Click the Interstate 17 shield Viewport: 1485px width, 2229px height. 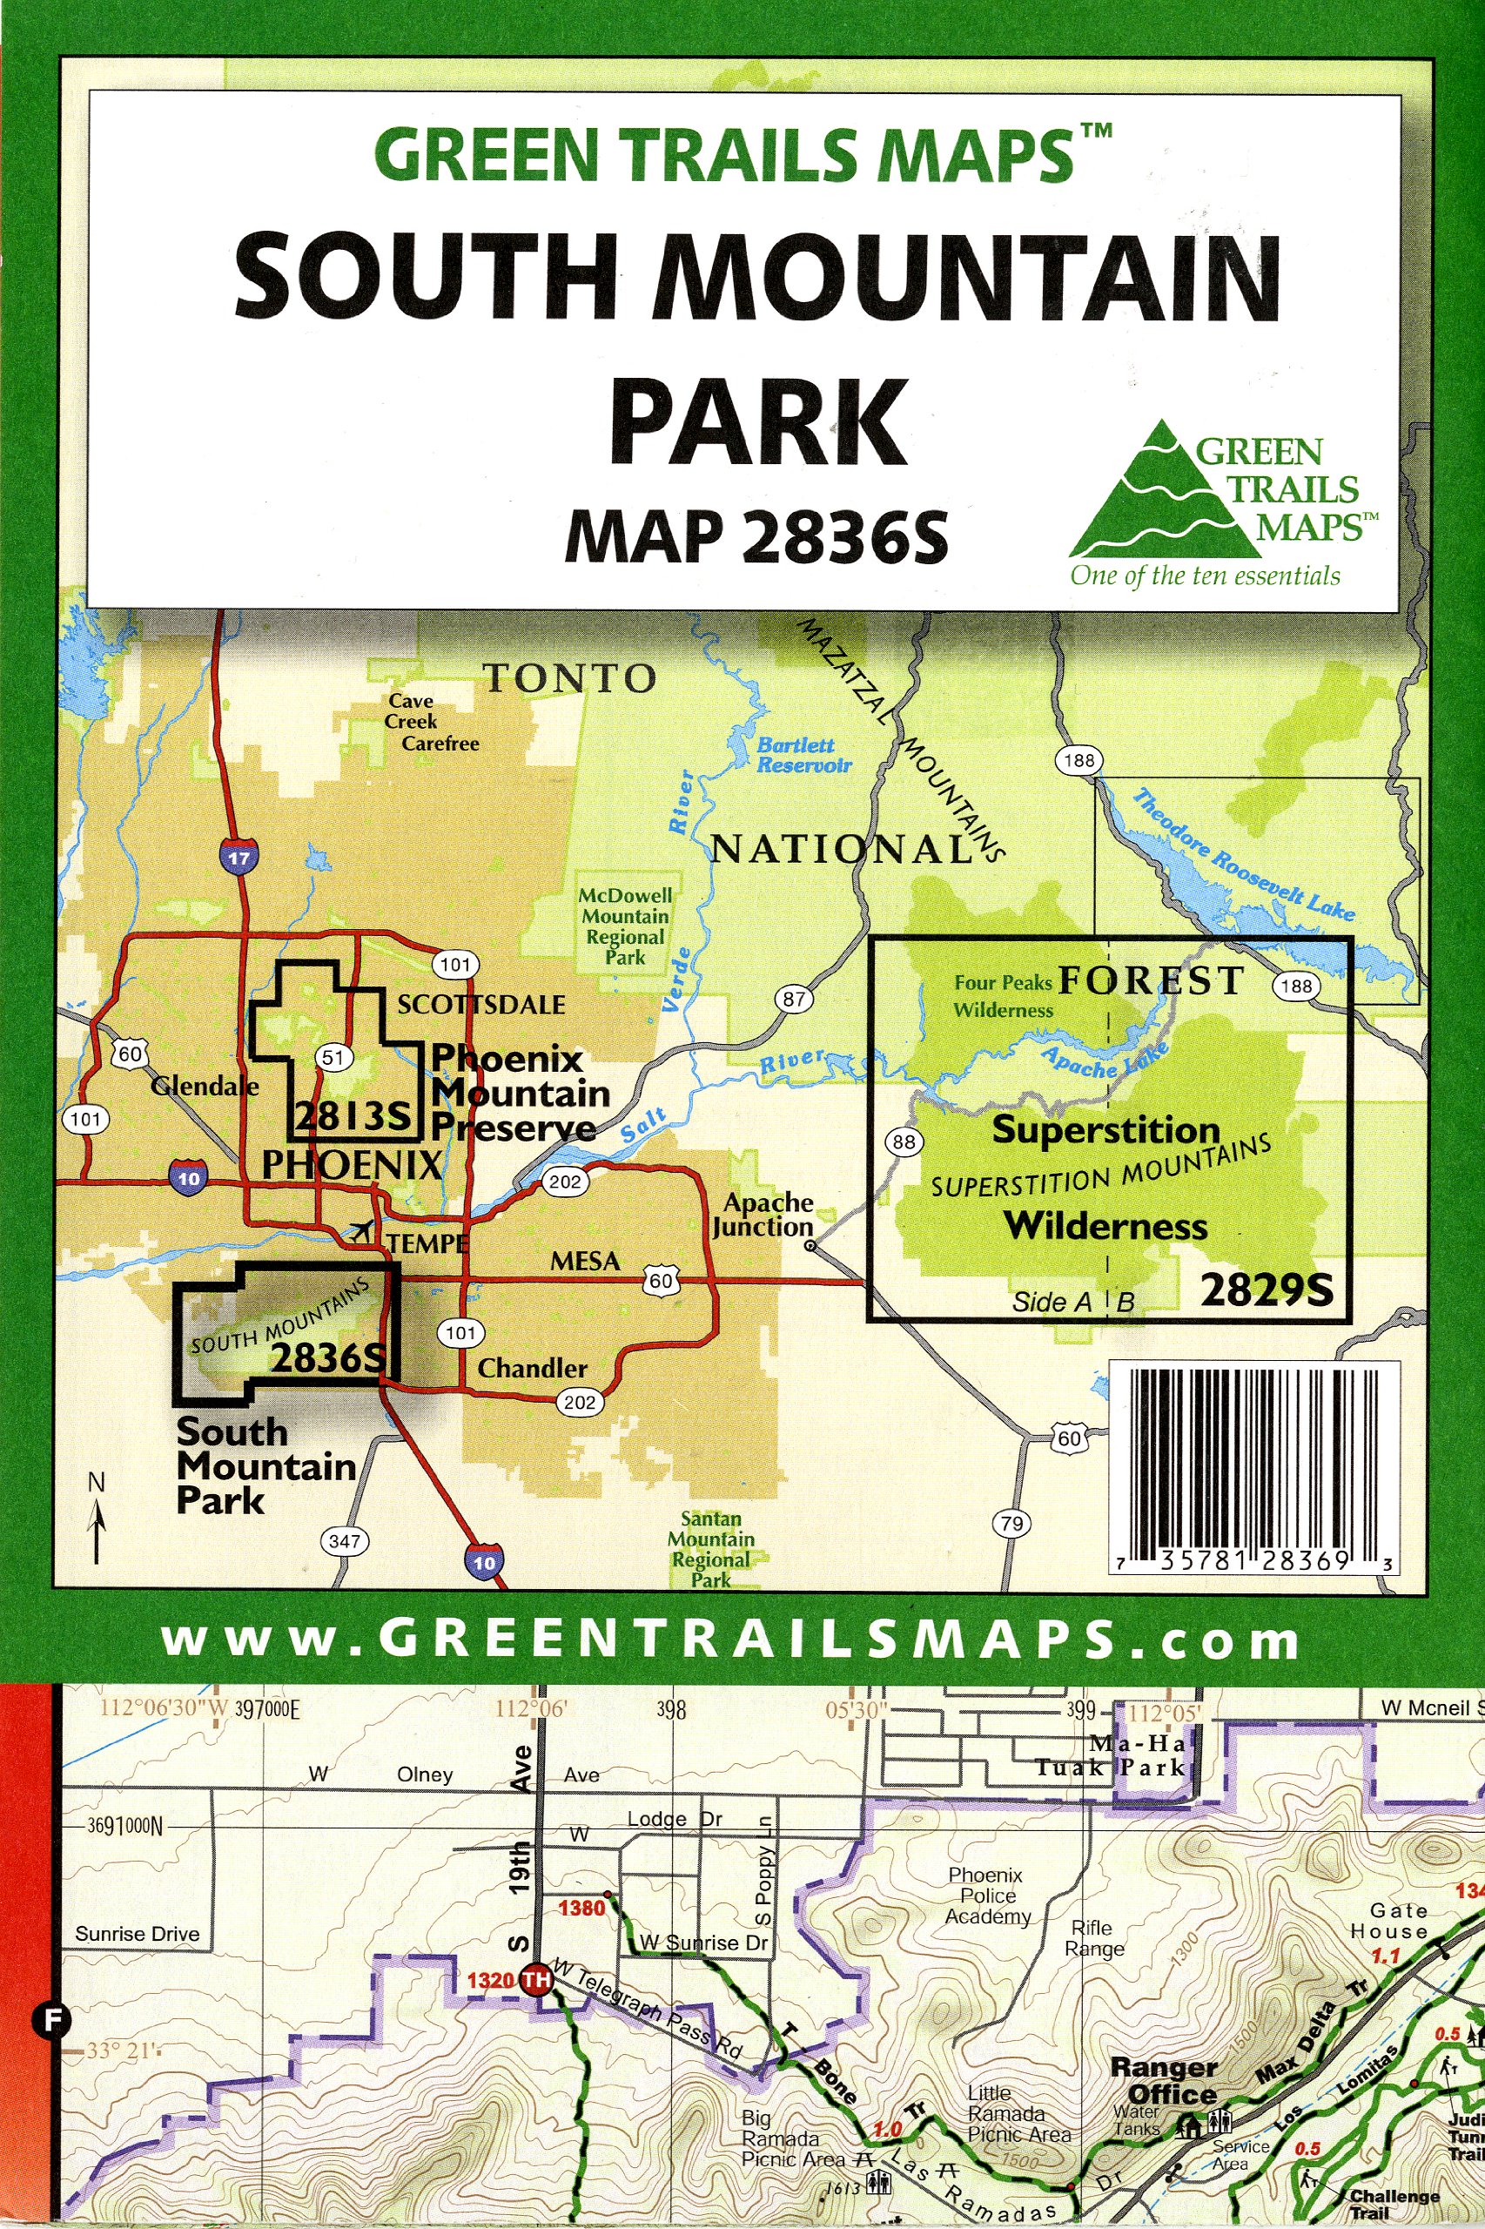coord(239,859)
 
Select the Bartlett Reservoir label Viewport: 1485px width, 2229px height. coord(803,755)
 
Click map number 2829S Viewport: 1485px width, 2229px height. coord(1267,1290)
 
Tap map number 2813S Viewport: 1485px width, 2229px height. coord(353,1117)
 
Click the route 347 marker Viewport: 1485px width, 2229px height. coord(345,1541)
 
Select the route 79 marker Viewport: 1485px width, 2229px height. coord(1012,1523)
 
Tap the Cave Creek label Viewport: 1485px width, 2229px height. coord(411,710)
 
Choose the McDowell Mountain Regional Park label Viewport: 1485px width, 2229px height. coord(626,926)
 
